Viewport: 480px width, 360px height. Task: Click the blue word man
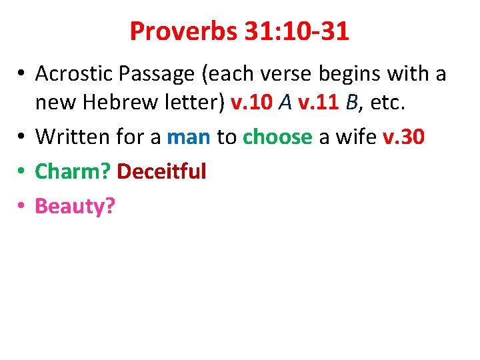189,137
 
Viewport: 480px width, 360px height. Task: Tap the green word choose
277,137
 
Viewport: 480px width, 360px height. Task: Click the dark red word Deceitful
161,171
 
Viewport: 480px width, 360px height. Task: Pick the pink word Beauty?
75,207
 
